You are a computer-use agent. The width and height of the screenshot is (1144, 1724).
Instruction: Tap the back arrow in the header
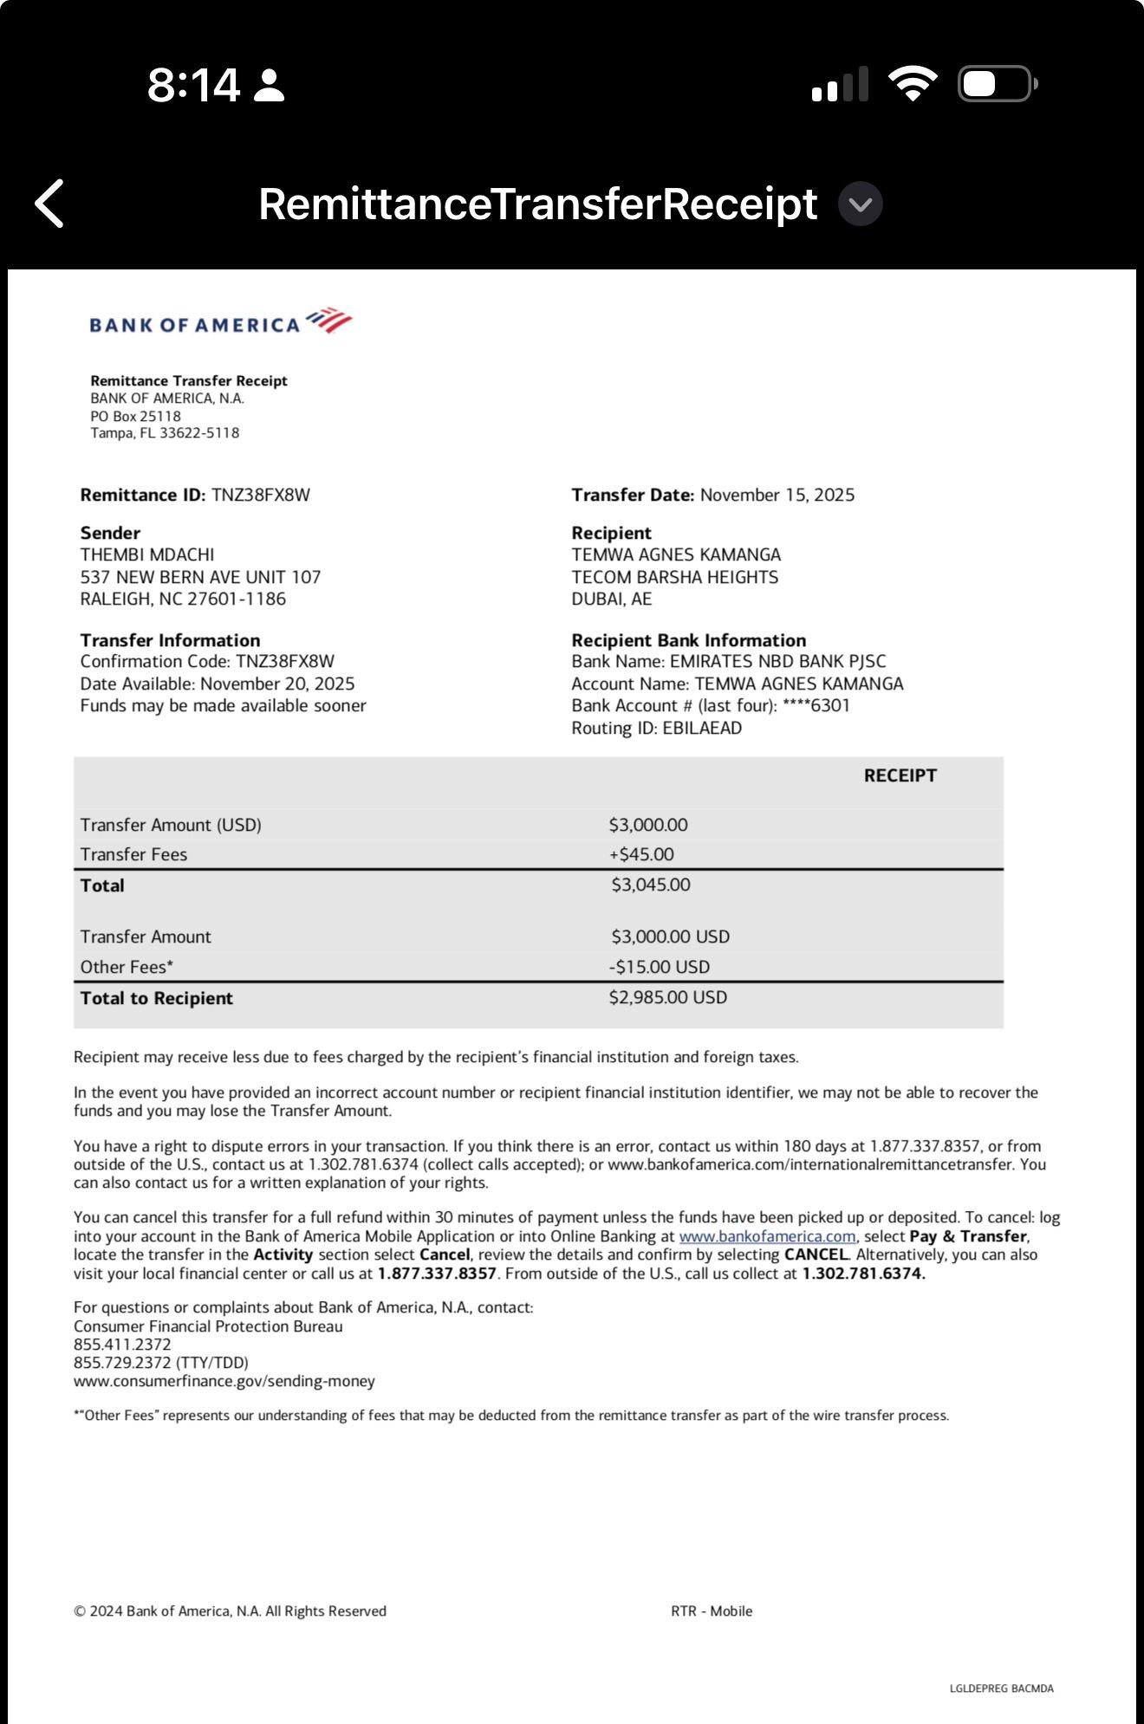49,204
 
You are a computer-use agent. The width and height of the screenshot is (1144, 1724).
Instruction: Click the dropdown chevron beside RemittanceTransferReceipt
860,204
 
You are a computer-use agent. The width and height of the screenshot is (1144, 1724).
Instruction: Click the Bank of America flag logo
329,321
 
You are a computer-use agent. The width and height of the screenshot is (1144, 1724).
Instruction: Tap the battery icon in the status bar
997,85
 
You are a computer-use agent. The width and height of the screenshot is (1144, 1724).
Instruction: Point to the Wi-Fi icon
912,84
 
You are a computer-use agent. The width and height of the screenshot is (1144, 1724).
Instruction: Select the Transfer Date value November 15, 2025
777,495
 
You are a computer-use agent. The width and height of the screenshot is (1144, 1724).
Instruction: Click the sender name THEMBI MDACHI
147,554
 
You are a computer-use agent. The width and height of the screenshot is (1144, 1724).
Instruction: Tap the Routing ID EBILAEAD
701,728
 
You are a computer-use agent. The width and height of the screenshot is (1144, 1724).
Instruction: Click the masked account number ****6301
816,705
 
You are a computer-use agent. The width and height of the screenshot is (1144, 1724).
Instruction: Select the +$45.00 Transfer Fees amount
641,854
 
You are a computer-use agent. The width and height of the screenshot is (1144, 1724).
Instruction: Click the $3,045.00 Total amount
651,885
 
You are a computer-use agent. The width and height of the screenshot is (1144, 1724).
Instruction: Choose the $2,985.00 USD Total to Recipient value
668,997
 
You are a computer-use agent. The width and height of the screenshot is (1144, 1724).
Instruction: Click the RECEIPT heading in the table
900,775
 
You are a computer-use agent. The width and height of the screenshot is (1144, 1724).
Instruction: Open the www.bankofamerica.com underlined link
767,1236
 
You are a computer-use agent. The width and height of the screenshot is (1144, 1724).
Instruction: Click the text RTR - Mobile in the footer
712,1611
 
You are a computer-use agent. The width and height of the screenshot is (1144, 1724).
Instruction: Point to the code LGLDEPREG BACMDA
1001,1688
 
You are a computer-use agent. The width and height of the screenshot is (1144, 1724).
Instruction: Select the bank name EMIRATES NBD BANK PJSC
777,661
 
